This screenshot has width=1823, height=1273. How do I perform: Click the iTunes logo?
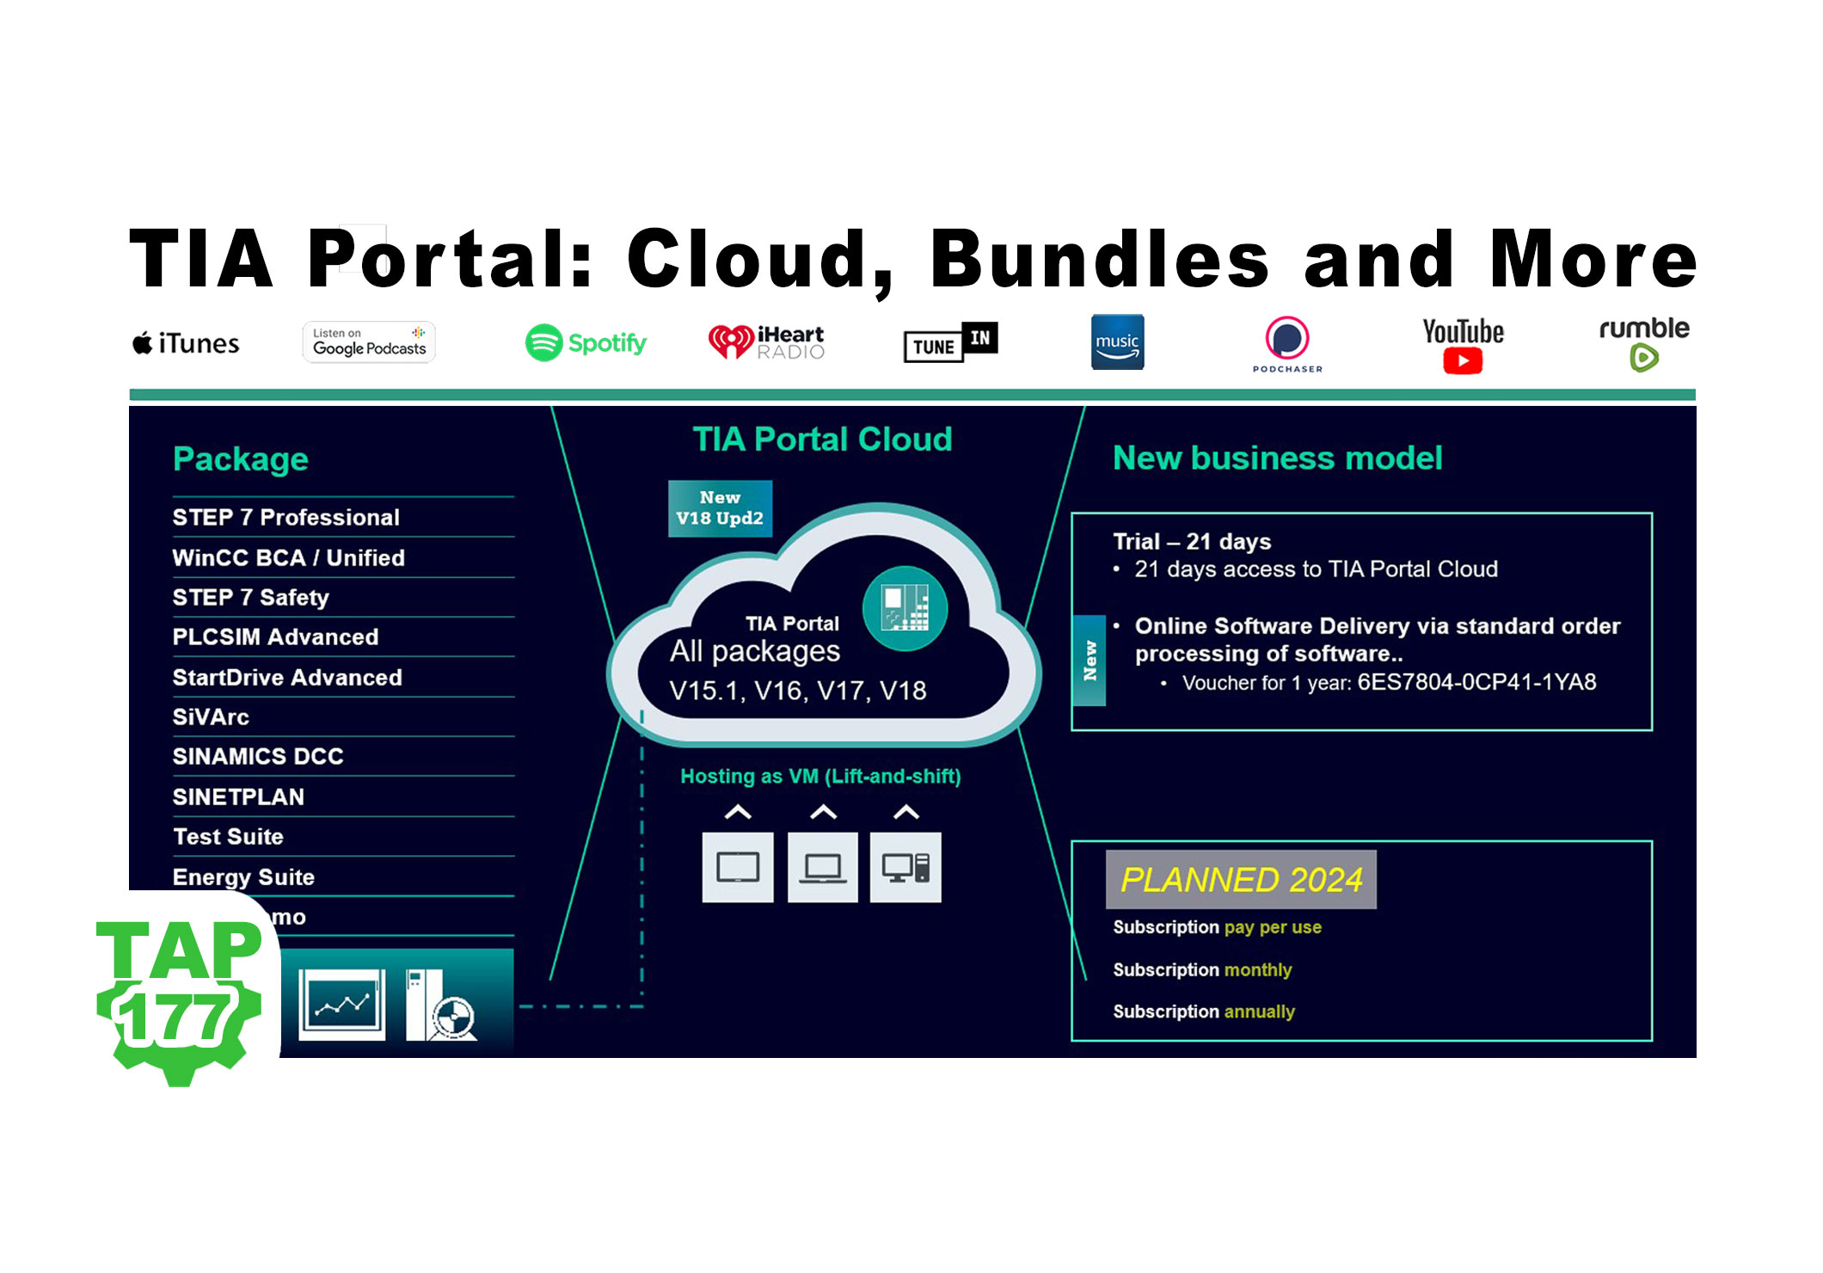(x=186, y=344)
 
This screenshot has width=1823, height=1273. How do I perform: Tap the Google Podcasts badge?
(x=369, y=342)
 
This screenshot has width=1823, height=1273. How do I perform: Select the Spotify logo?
(x=586, y=343)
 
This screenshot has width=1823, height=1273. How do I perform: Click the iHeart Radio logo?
(x=766, y=342)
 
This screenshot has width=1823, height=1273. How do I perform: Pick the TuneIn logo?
(x=950, y=342)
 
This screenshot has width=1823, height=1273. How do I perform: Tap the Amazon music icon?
(x=1117, y=342)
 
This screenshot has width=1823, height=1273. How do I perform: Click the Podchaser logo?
(x=1286, y=343)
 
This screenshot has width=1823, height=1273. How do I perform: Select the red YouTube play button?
(x=1463, y=361)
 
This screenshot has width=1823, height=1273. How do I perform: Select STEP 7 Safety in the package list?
(x=251, y=598)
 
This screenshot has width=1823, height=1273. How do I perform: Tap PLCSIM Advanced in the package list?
(x=275, y=637)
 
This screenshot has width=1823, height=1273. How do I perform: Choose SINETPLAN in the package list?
(x=238, y=797)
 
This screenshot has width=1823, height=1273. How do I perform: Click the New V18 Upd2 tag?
(x=720, y=508)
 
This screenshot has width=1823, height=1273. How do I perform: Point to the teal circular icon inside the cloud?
(x=905, y=609)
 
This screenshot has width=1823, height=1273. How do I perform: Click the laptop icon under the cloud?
(x=823, y=867)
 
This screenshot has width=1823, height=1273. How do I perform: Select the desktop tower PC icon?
(x=905, y=867)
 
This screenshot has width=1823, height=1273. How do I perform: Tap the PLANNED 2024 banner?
(x=1241, y=880)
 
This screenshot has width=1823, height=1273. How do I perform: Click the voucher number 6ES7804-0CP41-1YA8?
(x=1476, y=683)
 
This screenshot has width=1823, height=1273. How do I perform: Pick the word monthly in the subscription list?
(x=1257, y=970)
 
